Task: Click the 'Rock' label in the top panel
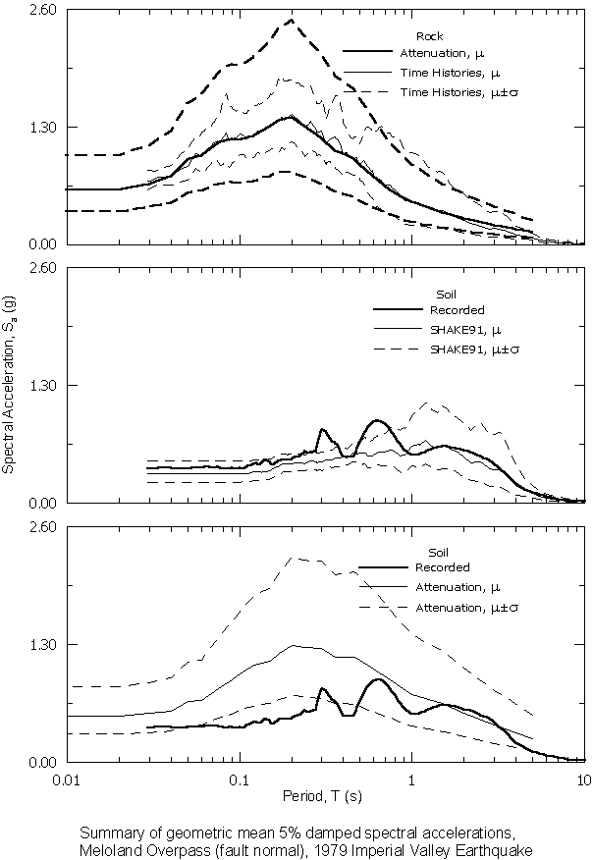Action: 430,37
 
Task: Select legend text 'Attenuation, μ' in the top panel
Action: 443,53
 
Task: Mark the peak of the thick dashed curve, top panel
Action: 292,20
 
